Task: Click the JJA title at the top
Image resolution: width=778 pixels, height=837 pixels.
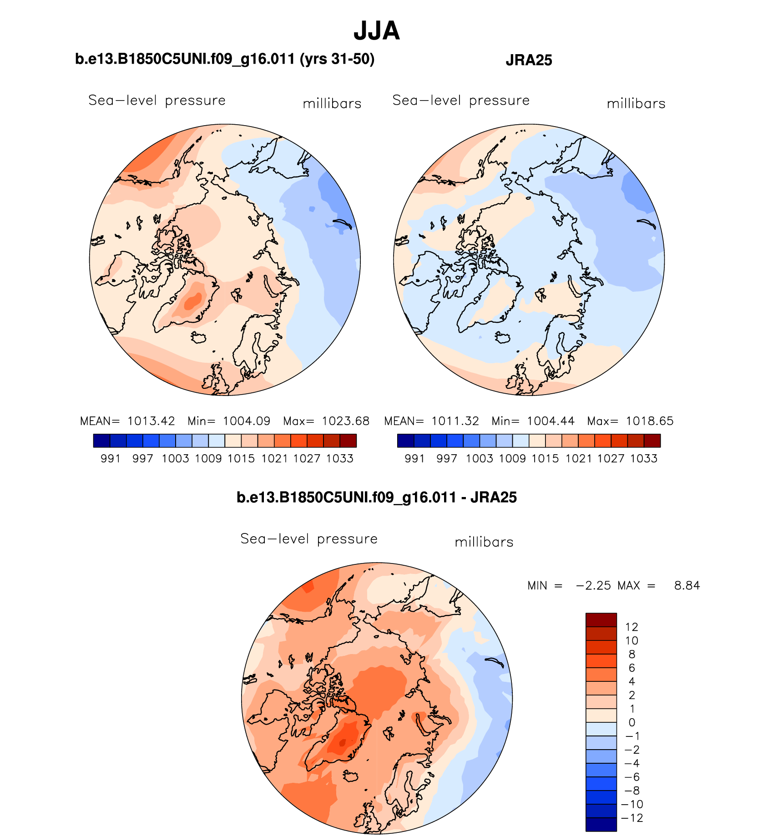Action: (376, 31)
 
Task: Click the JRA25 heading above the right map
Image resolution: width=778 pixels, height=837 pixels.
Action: (529, 60)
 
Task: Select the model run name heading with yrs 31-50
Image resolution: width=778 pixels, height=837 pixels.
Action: (225, 59)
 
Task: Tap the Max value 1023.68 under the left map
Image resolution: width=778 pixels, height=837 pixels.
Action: (345, 421)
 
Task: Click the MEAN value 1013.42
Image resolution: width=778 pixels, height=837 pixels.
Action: (151, 421)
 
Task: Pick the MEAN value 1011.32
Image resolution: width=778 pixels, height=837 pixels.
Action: (455, 421)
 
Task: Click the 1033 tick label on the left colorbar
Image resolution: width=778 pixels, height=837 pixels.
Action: (340, 458)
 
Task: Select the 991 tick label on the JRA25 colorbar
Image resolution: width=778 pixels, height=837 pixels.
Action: (414, 458)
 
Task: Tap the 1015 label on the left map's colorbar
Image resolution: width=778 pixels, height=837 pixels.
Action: (241, 458)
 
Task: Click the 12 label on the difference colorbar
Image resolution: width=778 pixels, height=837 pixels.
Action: (631, 627)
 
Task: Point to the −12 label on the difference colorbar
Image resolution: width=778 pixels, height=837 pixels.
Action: (631, 818)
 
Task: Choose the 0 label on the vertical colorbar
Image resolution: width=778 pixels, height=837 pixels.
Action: (631, 722)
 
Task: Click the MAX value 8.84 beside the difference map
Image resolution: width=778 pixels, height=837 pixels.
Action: (687, 585)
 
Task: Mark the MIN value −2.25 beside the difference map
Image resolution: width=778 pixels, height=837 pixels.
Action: (593, 585)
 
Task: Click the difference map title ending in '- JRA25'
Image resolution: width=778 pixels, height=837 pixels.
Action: (376, 497)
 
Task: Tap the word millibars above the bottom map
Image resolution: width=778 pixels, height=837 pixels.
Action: (484, 542)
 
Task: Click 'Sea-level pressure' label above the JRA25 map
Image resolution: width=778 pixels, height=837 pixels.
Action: (461, 100)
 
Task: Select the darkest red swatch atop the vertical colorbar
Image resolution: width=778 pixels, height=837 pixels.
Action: (601, 620)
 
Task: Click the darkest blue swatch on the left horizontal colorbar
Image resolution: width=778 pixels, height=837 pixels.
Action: (101, 441)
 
